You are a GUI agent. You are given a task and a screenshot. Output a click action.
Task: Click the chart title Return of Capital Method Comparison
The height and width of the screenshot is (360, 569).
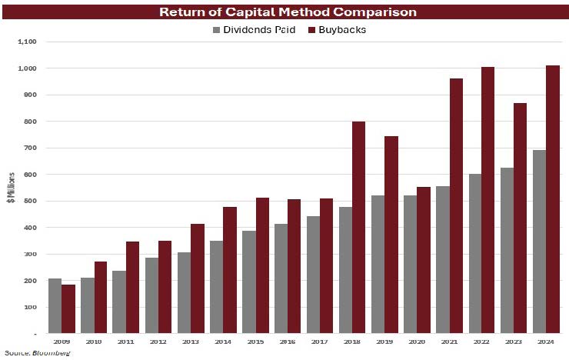coord(284,12)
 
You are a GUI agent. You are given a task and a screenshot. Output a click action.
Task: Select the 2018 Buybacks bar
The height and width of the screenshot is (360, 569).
coord(359,228)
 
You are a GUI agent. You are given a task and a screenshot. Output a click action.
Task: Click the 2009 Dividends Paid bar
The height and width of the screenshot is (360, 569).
coord(55,306)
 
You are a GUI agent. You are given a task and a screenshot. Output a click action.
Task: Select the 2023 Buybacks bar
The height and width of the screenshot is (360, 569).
coord(521,218)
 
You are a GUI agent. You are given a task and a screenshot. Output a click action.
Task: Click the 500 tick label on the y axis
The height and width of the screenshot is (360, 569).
coord(29,201)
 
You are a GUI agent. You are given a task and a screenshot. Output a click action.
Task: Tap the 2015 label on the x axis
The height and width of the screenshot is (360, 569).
coord(255,342)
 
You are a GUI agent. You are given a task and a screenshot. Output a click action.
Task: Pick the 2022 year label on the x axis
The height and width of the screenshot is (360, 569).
coord(481,342)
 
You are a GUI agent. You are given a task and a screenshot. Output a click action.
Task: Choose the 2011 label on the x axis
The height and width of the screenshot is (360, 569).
coord(126,342)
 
